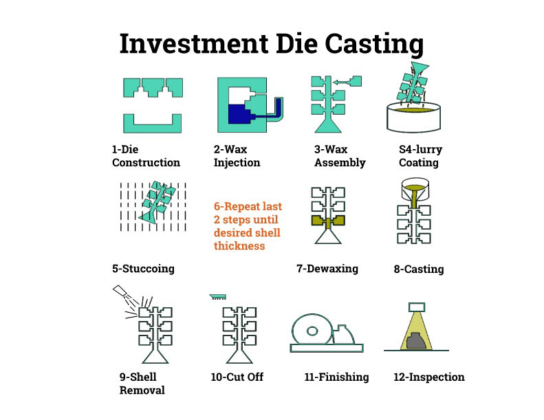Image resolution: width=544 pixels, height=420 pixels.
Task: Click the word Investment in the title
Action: tap(193, 44)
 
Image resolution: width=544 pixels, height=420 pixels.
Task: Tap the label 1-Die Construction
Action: tap(146, 156)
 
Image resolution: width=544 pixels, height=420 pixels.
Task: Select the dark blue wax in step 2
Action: tap(239, 114)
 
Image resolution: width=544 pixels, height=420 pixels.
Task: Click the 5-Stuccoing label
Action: tap(143, 269)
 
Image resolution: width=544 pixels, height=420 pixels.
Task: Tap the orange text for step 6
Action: tap(248, 225)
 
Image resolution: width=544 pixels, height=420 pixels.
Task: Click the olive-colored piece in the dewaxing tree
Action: tap(328, 221)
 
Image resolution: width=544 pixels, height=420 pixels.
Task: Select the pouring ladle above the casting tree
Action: tap(415, 190)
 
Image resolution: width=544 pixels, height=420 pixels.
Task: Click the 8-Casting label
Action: tap(419, 269)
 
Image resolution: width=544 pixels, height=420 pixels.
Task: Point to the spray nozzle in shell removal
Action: tap(120, 290)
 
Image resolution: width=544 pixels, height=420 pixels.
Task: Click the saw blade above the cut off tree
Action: tap(217, 297)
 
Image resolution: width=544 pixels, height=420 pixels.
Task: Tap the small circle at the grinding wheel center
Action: tap(312, 331)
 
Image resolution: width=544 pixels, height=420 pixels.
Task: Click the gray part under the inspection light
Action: tap(416, 340)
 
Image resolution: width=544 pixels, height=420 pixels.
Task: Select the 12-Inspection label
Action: tap(429, 377)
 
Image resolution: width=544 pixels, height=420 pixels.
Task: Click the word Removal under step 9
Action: tap(142, 390)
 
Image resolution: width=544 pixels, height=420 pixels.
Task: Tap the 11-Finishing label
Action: tap(336, 377)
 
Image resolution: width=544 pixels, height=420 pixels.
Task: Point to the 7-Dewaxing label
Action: tap(327, 269)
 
